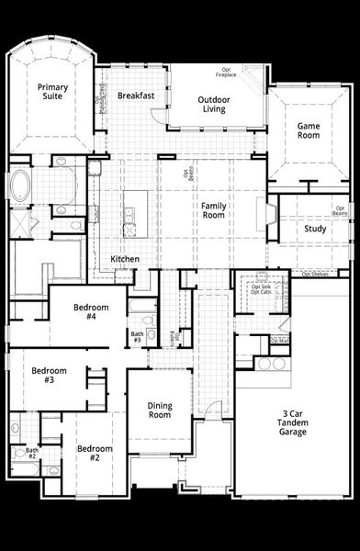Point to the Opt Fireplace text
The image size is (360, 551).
[226, 72]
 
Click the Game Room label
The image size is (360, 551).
[309, 130]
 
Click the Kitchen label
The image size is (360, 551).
[125, 259]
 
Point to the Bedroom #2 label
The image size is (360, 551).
[94, 453]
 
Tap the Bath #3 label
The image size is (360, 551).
[136, 337]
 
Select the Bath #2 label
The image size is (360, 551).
[31, 453]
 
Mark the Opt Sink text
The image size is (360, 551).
[261, 287]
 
